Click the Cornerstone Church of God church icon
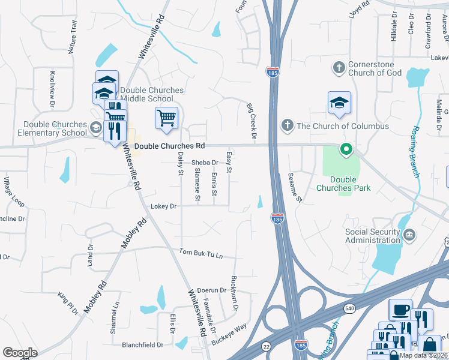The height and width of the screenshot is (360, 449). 339,68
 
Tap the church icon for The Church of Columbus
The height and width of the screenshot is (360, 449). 288,126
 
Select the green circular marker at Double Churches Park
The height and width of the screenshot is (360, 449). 346,149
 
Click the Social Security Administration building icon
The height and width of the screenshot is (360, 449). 409,234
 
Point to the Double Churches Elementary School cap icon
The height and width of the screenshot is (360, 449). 95,127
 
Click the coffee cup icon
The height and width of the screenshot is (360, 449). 400,310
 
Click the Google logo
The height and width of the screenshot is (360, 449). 20,352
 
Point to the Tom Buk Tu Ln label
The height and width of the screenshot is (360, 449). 201,254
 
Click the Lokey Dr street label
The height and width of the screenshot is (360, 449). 164,206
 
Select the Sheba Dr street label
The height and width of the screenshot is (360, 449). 205,163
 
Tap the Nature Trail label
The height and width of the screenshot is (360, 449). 73,37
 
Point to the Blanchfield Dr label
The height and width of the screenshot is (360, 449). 143,345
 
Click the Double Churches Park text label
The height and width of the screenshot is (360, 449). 342,184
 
